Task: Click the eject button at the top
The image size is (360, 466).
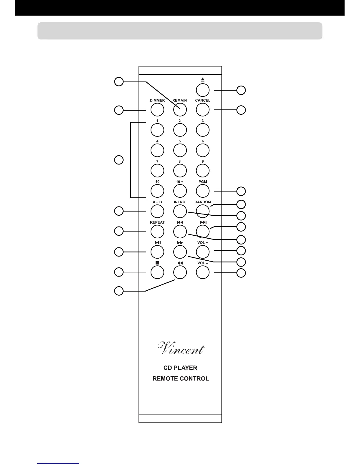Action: point(203,90)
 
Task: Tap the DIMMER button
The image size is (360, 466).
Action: point(157,110)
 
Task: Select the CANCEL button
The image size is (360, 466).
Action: point(203,110)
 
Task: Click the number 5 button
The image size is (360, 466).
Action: point(180,150)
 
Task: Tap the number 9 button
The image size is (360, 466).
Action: point(203,171)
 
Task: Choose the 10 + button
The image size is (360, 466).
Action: point(180,191)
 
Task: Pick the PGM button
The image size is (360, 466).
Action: point(203,191)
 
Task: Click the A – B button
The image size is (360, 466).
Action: point(157,211)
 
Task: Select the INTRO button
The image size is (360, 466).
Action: point(180,211)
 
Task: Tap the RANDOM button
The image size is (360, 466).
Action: point(203,211)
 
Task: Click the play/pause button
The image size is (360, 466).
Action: point(157,252)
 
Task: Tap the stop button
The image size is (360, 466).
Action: point(157,272)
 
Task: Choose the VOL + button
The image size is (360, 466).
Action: point(203,252)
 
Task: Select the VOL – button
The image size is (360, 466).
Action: point(203,272)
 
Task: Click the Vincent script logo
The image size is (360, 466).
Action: point(181,349)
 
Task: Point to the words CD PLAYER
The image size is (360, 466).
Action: point(180,368)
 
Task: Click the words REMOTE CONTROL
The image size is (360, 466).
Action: point(181,379)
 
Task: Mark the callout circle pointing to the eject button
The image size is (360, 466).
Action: point(241,90)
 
